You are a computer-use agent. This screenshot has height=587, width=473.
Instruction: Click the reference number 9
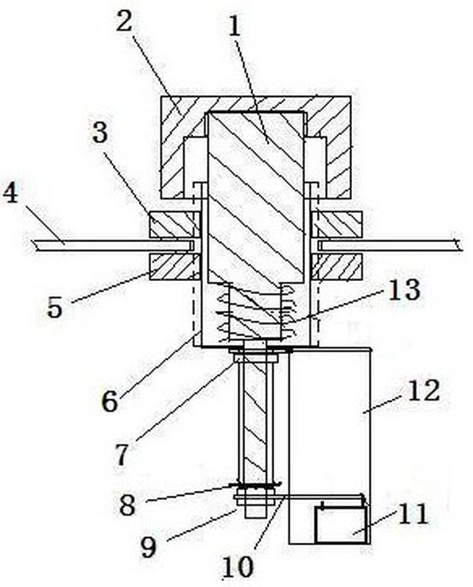(148, 547)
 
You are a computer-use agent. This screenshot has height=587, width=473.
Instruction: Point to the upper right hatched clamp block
(337, 225)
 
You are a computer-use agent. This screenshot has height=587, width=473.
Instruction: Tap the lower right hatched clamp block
(337, 266)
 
